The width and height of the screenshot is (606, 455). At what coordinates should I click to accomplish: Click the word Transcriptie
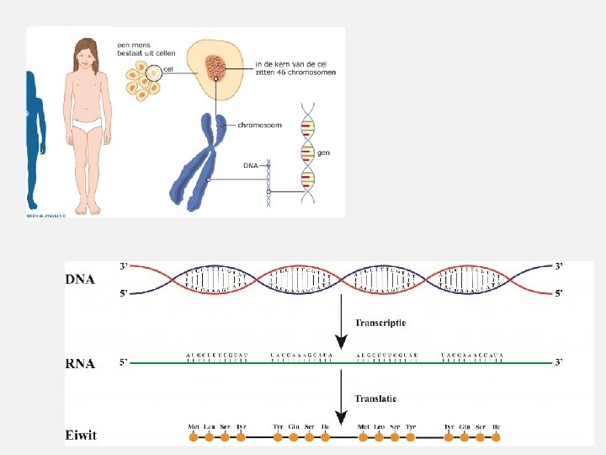(x=380, y=323)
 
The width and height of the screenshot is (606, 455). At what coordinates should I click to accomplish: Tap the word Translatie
(x=375, y=399)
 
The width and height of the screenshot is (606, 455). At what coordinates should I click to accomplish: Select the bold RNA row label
(x=81, y=364)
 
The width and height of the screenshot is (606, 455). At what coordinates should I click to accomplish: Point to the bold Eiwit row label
(x=82, y=436)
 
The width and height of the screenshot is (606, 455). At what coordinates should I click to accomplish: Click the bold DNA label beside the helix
(x=81, y=280)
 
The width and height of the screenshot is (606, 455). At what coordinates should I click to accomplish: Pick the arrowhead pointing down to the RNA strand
(x=341, y=342)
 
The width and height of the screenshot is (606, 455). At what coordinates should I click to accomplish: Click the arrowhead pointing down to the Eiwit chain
(x=341, y=417)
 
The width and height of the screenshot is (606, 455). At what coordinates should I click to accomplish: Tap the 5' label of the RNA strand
(x=124, y=363)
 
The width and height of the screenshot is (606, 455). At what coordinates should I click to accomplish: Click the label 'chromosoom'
(x=259, y=126)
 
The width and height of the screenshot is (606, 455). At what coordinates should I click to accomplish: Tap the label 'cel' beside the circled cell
(x=168, y=69)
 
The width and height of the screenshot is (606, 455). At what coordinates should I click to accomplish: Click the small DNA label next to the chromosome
(x=250, y=166)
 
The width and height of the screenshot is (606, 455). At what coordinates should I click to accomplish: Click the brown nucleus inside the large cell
(x=215, y=66)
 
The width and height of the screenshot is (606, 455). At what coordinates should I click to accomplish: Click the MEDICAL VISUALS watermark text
(x=45, y=214)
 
